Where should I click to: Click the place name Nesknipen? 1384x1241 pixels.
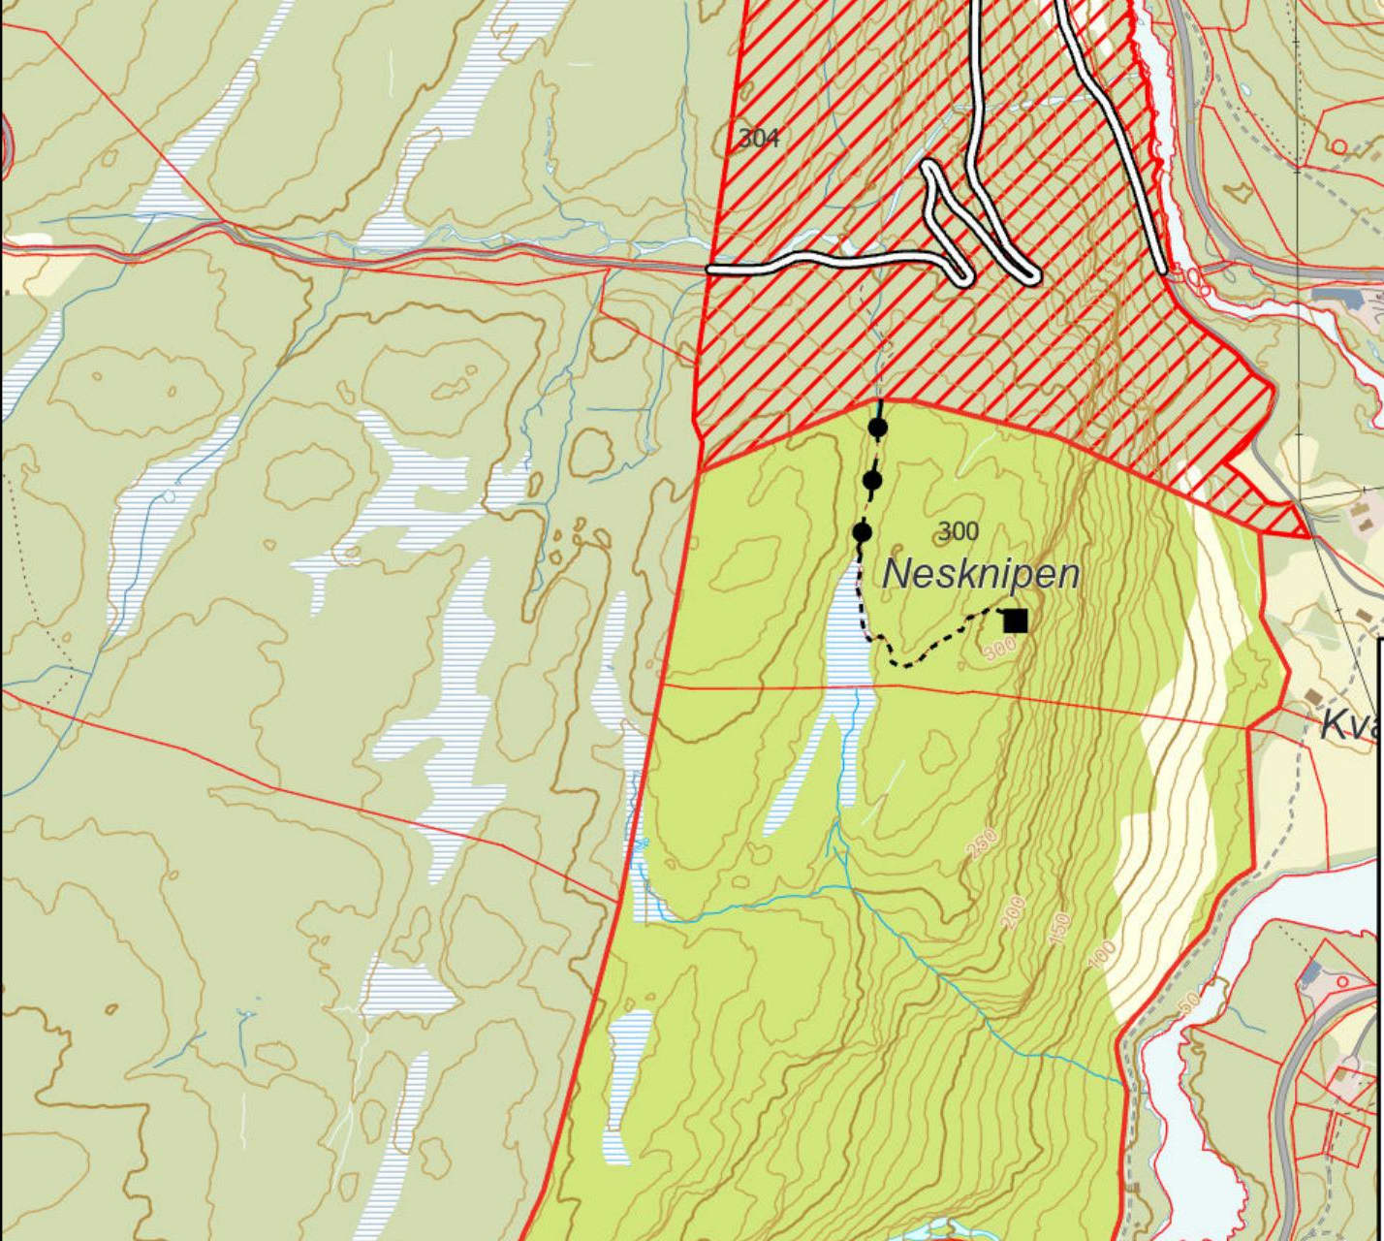pos(981,575)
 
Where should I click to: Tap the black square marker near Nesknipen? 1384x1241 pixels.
pos(1015,620)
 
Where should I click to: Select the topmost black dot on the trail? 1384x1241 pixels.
pos(878,428)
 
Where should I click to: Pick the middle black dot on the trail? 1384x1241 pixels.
pos(872,480)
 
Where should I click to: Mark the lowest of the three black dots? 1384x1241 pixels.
pos(863,532)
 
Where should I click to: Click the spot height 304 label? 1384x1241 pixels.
pos(759,139)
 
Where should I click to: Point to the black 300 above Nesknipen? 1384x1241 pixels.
pos(959,531)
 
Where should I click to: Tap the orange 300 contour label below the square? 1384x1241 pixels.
pos(999,651)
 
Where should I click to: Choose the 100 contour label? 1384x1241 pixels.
pos(1102,953)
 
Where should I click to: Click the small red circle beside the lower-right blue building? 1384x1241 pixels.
pos(1342,982)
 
